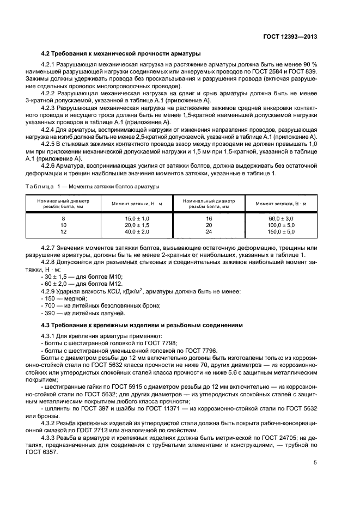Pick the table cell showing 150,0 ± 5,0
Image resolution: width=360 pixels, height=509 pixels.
[x=282, y=232]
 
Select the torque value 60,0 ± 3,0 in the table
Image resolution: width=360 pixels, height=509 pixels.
[x=282, y=218]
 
